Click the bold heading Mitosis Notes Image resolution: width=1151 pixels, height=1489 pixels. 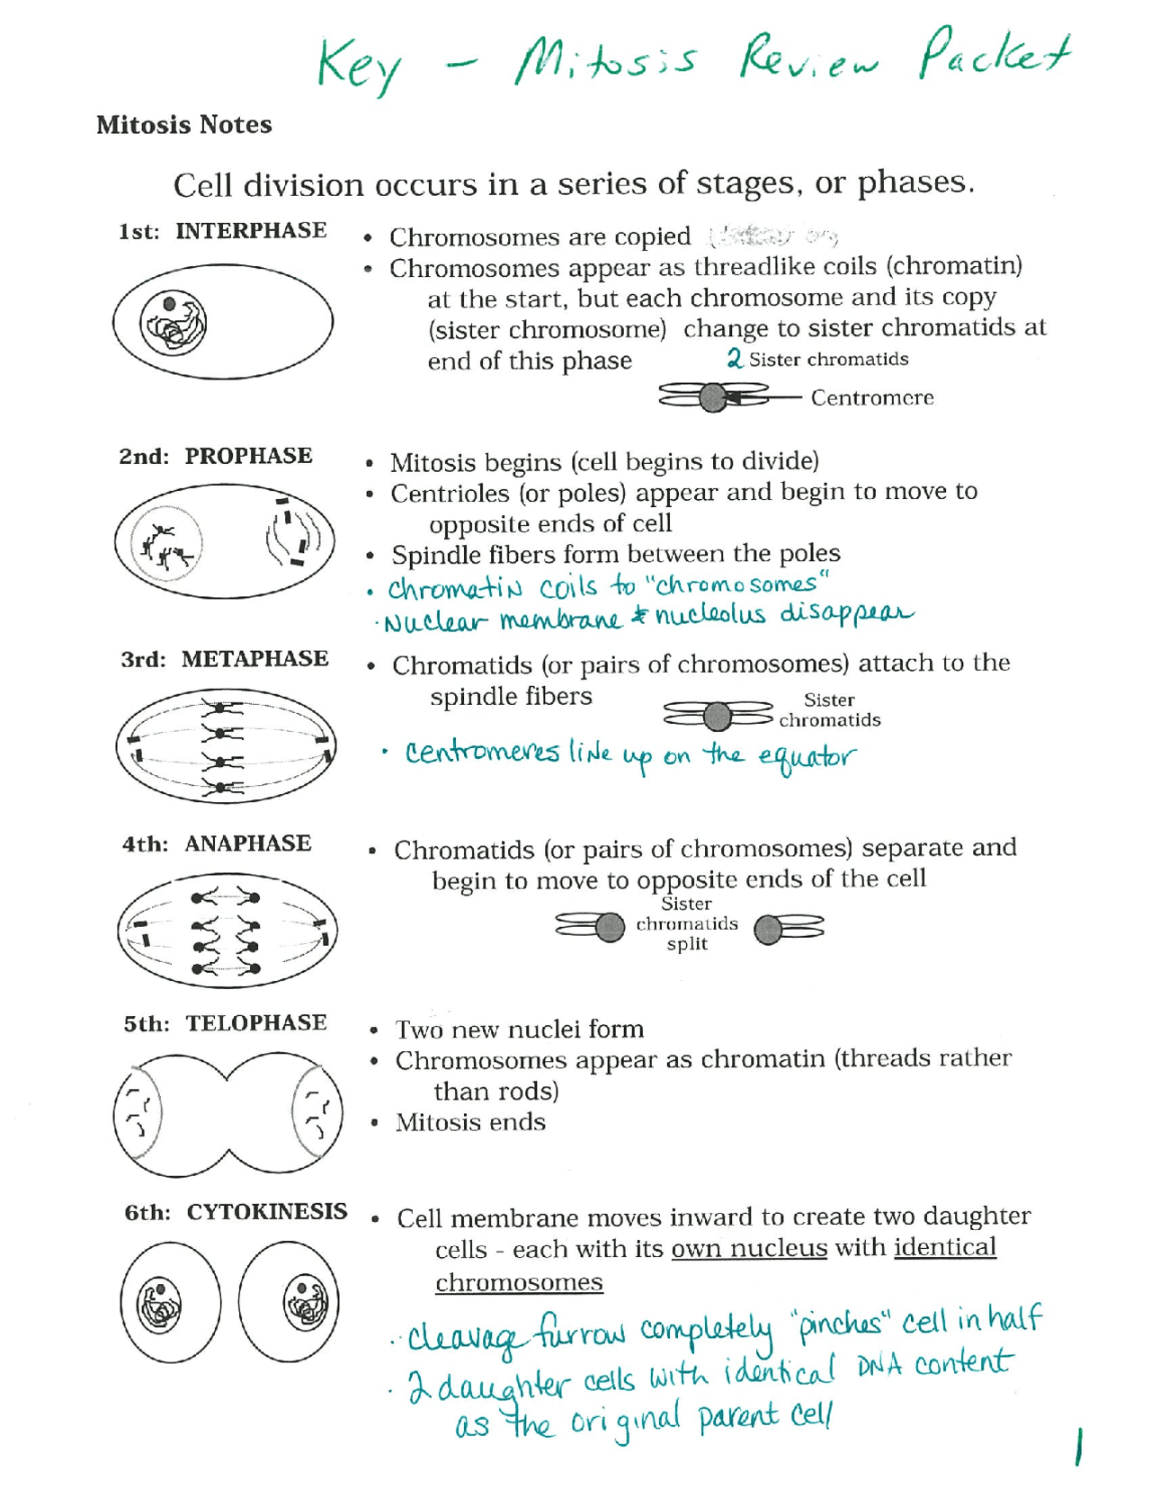pyautogui.click(x=183, y=124)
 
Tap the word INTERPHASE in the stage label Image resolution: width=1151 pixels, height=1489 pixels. pyautogui.click(x=251, y=231)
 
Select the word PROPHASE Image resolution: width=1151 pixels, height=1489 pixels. pyautogui.click(x=248, y=456)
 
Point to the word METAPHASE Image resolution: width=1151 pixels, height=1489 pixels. pyautogui.click(x=254, y=659)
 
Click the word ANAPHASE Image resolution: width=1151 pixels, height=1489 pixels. pyautogui.click(x=247, y=843)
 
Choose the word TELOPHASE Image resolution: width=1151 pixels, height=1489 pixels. pyautogui.click(x=255, y=1023)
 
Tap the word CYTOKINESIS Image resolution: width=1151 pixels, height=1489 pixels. pyautogui.click(x=266, y=1212)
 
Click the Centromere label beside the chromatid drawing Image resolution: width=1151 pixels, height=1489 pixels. pyautogui.click(x=871, y=397)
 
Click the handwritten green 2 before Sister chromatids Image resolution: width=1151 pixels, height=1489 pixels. pyautogui.click(x=735, y=359)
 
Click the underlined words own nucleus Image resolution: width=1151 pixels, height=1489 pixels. pyautogui.click(x=748, y=1248)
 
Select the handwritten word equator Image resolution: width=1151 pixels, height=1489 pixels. pyautogui.click(x=806, y=757)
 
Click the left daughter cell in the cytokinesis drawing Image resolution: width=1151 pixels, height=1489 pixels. pyautogui.click(x=170, y=1302)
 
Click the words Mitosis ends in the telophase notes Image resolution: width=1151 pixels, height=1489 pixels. pyautogui.click(x=470, y=1122)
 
